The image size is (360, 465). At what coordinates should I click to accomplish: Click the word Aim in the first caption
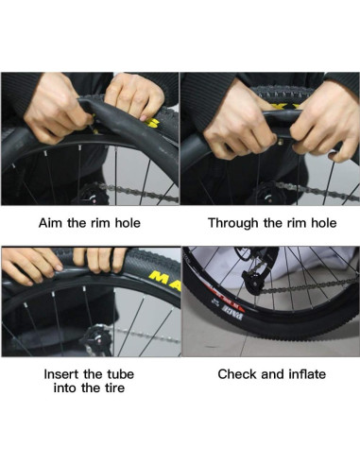click(x=50, y=224)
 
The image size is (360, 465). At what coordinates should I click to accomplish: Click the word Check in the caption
click(x=237, y=374)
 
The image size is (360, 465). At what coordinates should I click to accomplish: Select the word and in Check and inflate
click(x=270, y=374)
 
